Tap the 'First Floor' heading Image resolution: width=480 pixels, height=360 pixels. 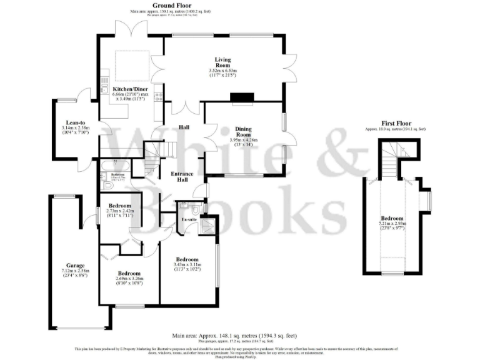point(396,123)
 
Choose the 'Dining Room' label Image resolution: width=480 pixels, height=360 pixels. point(243,132)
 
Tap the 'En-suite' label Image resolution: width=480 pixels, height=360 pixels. point(189,220)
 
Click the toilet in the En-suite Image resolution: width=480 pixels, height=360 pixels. point(196,209)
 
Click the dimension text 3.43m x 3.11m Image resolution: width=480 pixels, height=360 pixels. point(187,266)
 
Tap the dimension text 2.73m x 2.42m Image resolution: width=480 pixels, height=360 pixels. point(119,211)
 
